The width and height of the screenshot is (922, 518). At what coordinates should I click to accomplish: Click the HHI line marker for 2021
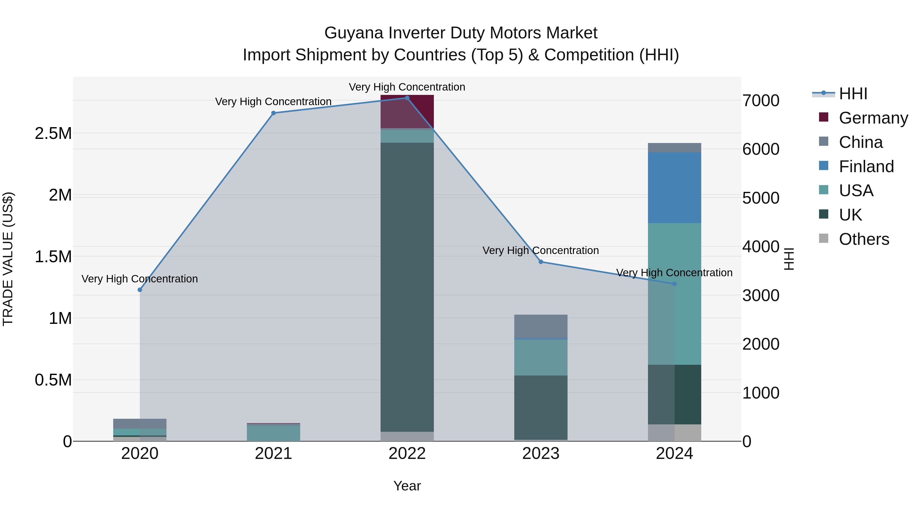click(x=274, y=113)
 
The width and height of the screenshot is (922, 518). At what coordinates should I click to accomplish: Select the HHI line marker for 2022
click(x=407, y=98)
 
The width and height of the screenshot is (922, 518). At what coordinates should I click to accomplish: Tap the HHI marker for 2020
click(x=140, y=290)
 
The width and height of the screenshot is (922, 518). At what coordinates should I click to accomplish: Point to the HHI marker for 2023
click(x=541, y=262)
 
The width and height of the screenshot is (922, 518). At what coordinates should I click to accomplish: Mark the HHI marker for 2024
click(x=674, y=284)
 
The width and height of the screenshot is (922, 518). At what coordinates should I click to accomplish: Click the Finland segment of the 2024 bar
click(x=674, y=188)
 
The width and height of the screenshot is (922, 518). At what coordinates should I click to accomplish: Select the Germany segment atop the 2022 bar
click(x=407, y=112)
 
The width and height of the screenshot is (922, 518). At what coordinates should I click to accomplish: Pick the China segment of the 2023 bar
click(x=541, y=326)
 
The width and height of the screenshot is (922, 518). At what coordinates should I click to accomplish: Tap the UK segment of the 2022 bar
click(x=407, y=286)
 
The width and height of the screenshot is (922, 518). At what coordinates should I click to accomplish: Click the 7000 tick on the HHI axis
click(x=761, y=101)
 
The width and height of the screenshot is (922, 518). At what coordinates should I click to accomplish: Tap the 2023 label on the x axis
click(x=541, y=454)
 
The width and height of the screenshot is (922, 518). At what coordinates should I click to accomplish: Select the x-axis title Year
click(x=407, y=486)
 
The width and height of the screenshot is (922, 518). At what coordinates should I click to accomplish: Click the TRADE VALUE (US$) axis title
click(x=8, y=259)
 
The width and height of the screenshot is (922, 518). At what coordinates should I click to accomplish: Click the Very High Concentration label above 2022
click(x=407, y=87)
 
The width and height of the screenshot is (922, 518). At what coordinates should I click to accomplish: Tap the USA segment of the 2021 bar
click(x=274, y=433)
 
